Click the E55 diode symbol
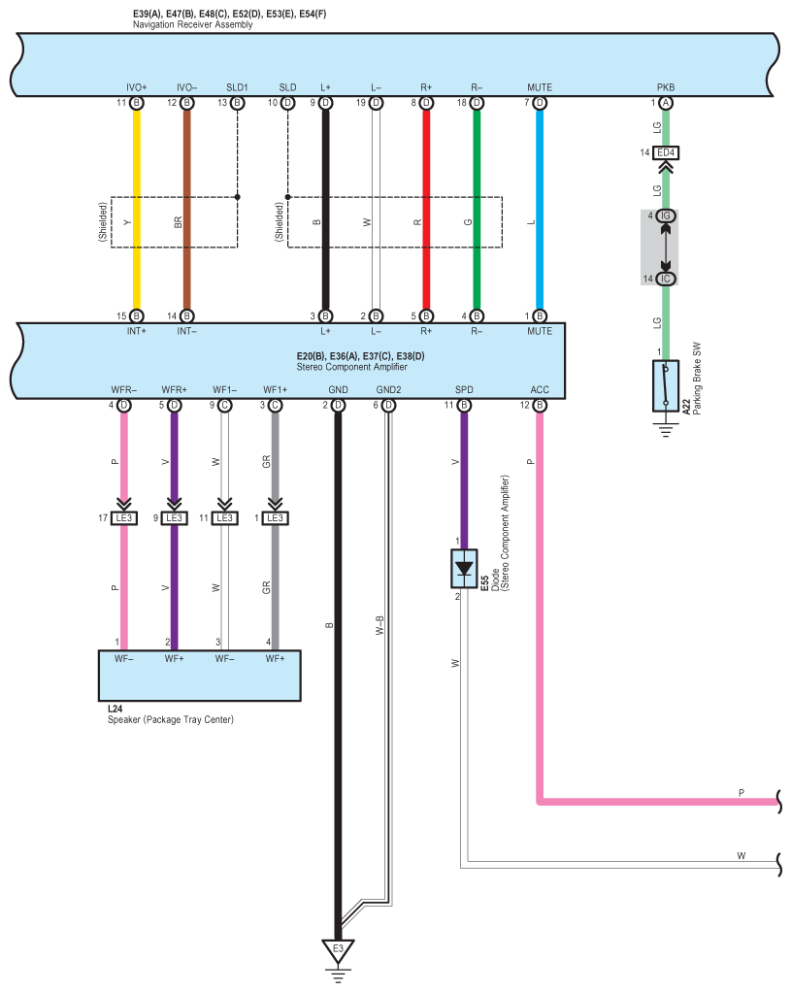tap(464, 568)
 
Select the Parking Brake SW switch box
tap(665, 386)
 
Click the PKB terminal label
tap(666, 87)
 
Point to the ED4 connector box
tap(666, 152)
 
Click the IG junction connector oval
tap(665, 215)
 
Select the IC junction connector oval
tap(665, 279)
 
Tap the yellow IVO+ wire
tap(136, 210)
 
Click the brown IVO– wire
tap(186, 210)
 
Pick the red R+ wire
tap(426, 210)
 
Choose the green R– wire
tap(477, 210)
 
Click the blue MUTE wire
tap(540, 210)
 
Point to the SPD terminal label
tap(464, 390)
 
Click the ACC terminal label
tap(540, 390)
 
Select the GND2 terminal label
tap(388, 390)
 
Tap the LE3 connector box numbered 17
tap(124, 518)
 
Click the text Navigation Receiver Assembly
tap(192, 24)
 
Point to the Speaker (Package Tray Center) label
tap(170, 719)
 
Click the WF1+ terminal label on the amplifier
tap(276, 390)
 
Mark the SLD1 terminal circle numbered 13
tap(237, 103)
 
